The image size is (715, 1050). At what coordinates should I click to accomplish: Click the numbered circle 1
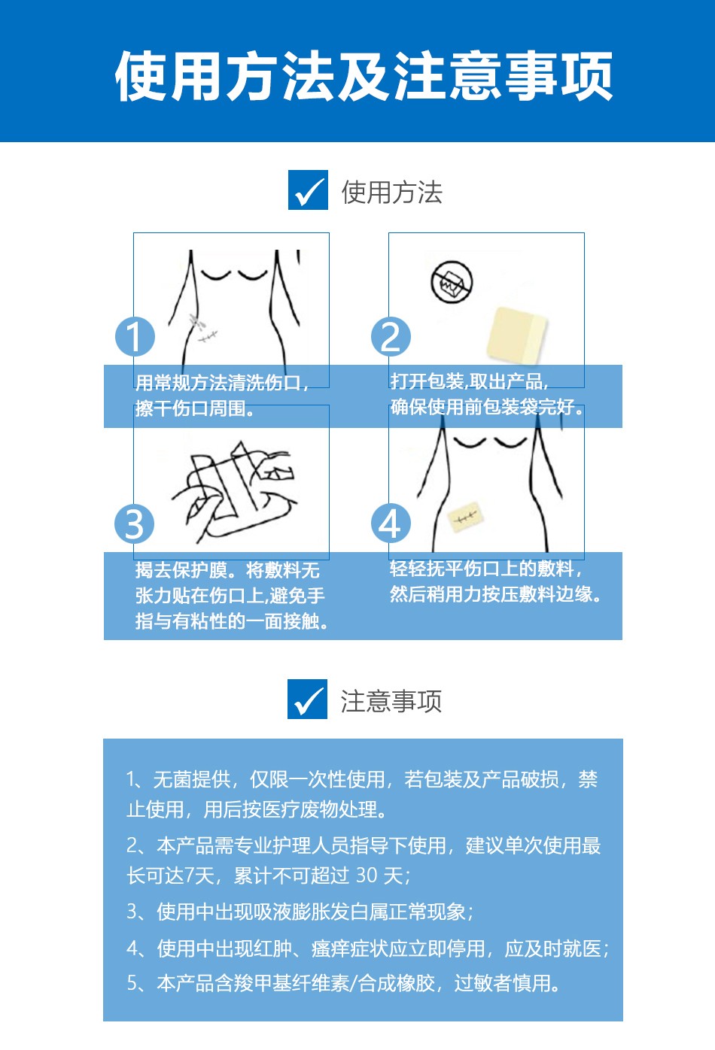[x=135, y=336]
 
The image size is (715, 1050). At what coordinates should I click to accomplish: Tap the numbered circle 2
[x=391, y=336]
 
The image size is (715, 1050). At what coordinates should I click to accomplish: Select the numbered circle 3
[x=135, y=523]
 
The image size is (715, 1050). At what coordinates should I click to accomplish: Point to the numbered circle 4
[x=391, y=523]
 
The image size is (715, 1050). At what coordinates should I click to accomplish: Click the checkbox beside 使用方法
[x=308, y=190]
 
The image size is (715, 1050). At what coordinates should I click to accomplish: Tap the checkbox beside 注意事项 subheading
[x=307, y=699]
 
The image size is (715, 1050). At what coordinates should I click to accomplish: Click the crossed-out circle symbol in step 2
[x=452, y=283]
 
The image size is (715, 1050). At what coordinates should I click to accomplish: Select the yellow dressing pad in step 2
[x=516, y=335]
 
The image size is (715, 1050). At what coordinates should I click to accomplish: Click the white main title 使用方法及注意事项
[x=364, y=76]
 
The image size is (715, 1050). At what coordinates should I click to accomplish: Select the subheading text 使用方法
[x=392, y=193]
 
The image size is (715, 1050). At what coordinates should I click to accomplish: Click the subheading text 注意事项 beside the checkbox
[x=391, y=701]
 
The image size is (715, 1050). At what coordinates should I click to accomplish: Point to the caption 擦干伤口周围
[x=195, y=408]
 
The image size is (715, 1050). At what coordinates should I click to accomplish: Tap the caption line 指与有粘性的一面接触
[x=232, y=621]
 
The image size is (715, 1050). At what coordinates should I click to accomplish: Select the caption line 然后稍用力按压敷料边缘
[x=496, y=594]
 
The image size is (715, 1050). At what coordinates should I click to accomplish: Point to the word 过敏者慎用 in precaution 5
[x=507, y=983]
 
